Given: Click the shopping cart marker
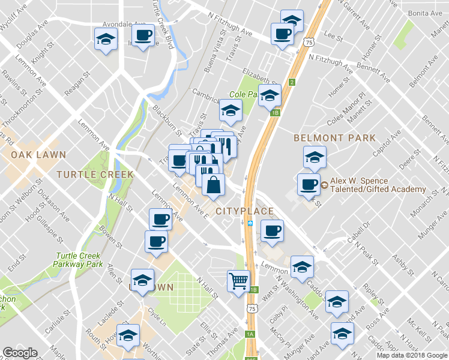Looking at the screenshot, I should (x=238, y=280).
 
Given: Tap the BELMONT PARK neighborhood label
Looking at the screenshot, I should (x=334, y=138).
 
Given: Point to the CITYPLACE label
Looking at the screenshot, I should (x=244, y=211).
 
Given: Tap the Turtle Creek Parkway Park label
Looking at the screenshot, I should (x=77, y=259).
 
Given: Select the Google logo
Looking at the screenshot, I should (x=20, y=353).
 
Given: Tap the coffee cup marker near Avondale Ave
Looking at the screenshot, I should (x=143, y=37).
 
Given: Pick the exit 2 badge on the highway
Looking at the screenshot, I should (x=291, y=82).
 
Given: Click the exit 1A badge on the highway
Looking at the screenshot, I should (x=250, y=334).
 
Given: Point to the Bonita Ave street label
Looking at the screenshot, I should (x=425, y=13).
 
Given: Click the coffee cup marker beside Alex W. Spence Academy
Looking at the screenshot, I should (x=309, y=184).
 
